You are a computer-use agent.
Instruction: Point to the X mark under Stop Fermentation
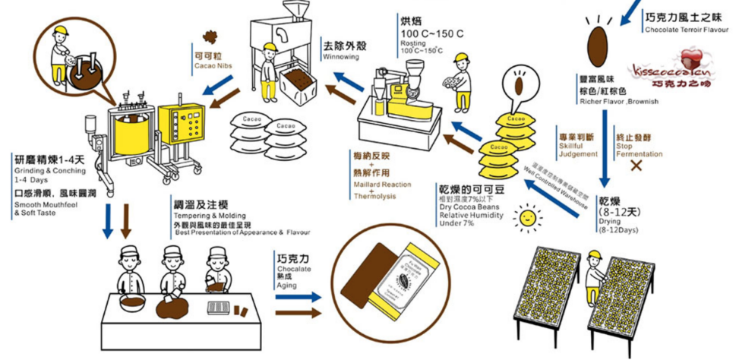tap(632, 165)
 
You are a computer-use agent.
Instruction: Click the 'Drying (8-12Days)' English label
tap(618, 225)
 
